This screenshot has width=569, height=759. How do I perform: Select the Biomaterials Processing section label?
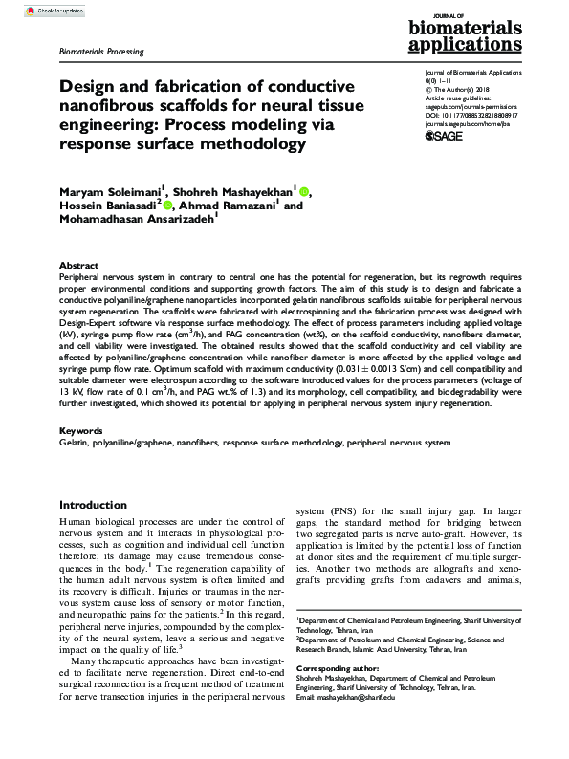[x=101, y=52]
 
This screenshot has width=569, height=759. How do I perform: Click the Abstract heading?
[x=78, y=265]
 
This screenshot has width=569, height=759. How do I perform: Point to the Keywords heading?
[x=81, y=431]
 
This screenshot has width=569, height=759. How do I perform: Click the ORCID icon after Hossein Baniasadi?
[x=168, y=205]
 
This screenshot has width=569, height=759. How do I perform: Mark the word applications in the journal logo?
[x=473, y=44]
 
